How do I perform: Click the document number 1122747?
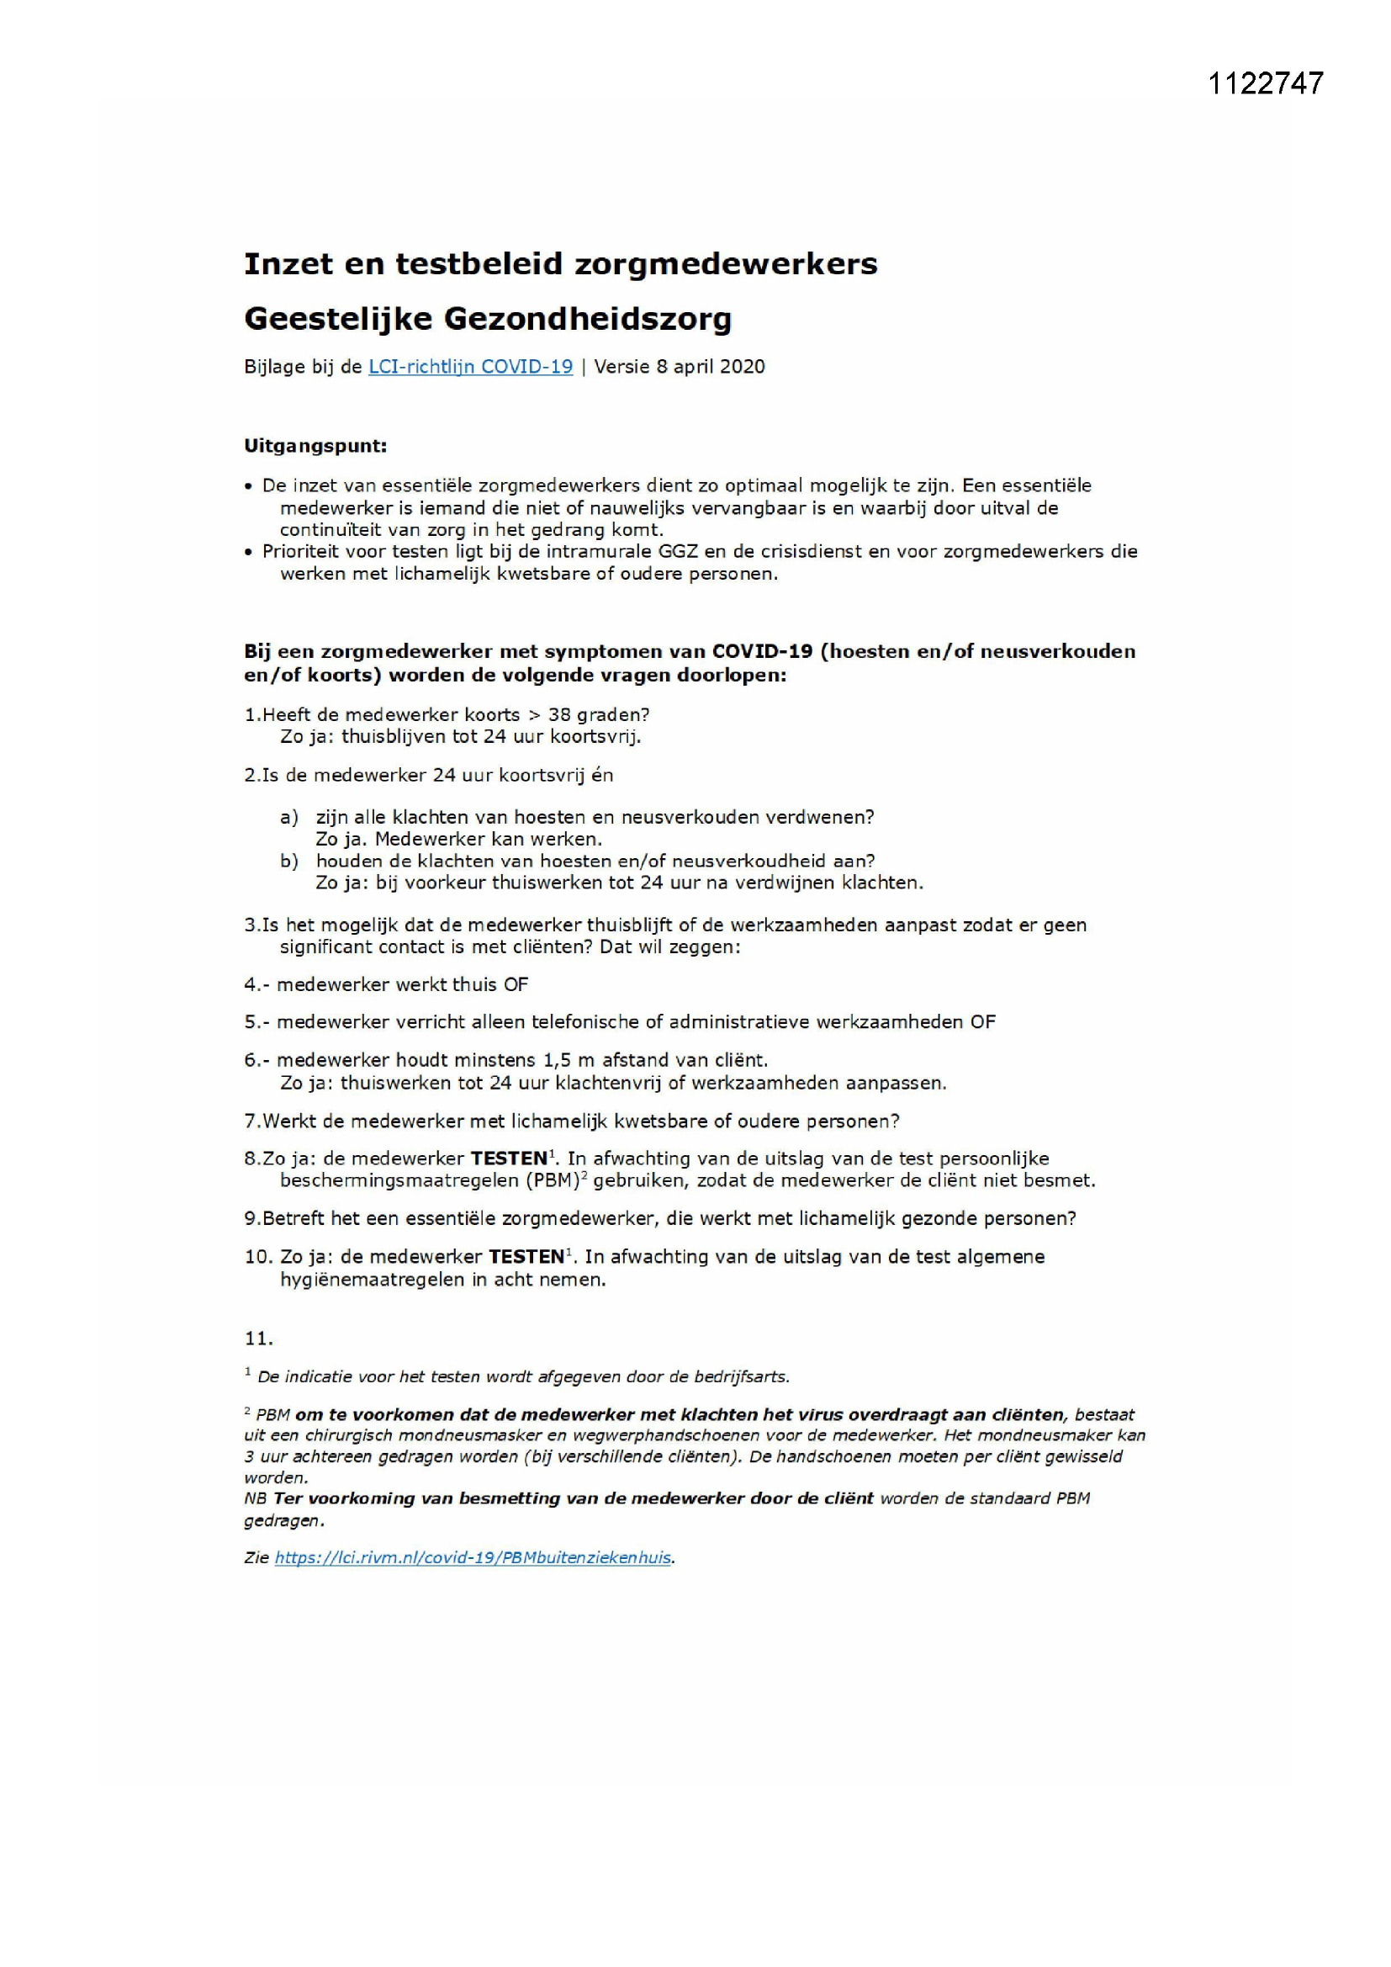click(1265, 83)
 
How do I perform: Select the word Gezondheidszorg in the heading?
click(587, 320)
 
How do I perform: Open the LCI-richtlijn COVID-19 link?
click(470, 367)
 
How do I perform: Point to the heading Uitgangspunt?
click(315, 447)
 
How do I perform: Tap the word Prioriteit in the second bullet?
click(299, 552)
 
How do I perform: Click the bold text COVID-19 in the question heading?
click(761, 651)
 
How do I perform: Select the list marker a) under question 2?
click(288, 817)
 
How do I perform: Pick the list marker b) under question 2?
click(288, 861)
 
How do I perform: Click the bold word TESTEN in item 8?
click(509, 1159)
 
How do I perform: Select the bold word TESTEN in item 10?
click(526, 1258)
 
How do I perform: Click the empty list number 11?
click(258, 1339)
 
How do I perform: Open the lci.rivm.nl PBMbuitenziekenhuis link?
click(473, 1557)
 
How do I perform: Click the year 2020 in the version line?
click(742, 367)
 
